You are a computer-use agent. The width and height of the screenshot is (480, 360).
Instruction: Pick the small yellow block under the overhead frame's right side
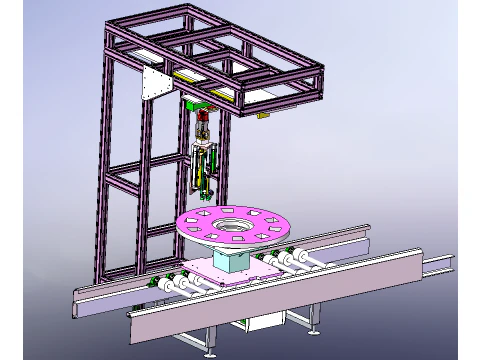[263, 117]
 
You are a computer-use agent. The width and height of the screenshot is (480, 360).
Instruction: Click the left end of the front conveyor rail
[135, 325]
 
